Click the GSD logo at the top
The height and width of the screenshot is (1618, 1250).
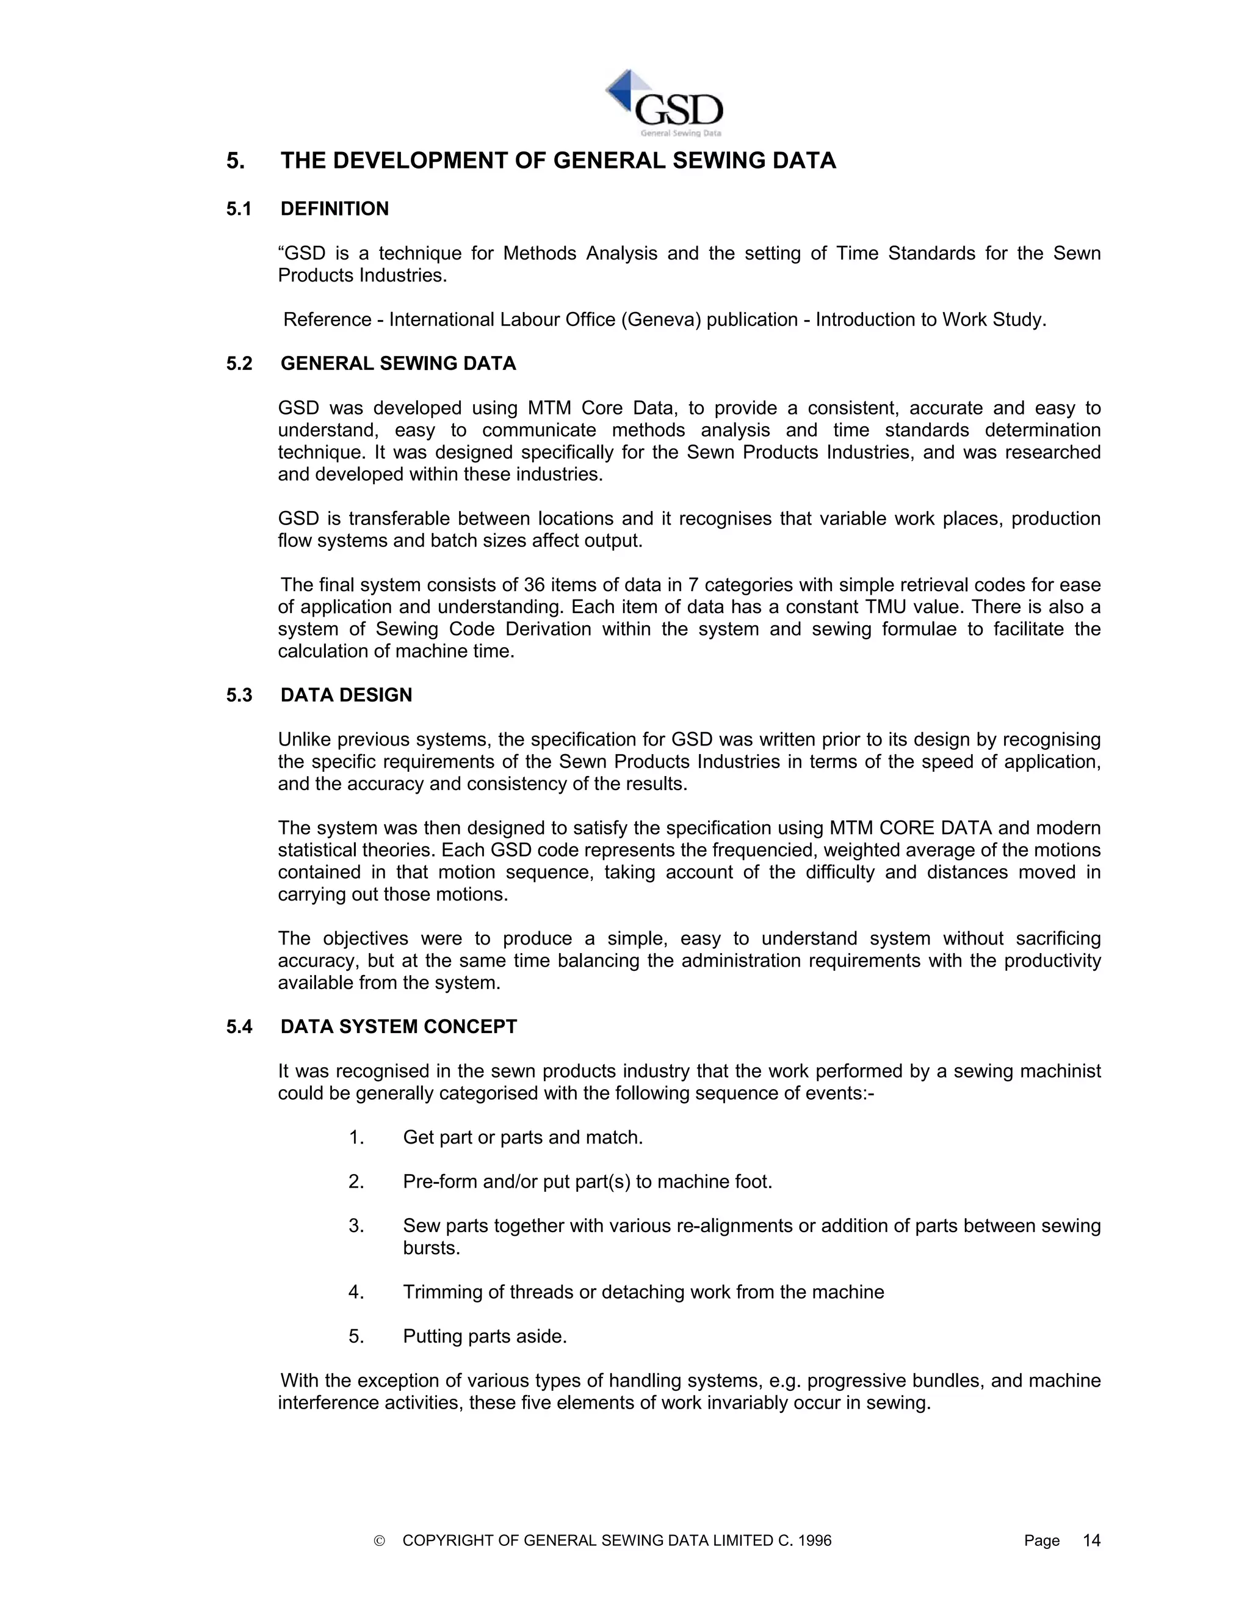[663, 104]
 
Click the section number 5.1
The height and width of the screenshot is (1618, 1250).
[239, 209]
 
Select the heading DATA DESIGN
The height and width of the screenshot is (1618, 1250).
[346, 695]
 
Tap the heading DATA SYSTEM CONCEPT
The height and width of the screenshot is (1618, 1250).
[399, 1026]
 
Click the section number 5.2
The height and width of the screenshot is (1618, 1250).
[239, 364]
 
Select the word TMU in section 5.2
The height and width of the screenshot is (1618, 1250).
[885, 607]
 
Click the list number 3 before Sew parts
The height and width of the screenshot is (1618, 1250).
[356, 1225]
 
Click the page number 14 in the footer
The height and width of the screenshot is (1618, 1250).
[1091, 1540]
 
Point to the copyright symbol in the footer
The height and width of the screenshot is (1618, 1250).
[380, 1541]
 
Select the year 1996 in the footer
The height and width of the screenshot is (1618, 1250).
[815, 1540]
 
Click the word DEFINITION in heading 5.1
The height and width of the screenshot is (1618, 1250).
[334, 209]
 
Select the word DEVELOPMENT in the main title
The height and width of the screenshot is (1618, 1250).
[419, 161]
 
